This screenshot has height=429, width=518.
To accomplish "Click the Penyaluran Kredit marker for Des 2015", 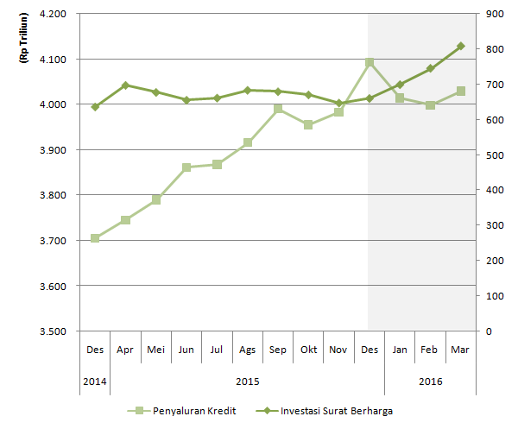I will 370,63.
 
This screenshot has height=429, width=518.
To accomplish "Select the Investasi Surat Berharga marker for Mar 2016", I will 461,46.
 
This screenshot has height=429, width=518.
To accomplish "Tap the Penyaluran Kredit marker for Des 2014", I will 95,238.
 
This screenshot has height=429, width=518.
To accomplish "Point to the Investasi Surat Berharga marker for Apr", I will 125,85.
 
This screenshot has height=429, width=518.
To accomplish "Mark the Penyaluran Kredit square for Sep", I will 278,110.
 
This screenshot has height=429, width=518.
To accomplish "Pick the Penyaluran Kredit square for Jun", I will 186,167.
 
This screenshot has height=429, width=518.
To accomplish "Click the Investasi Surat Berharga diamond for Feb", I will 430,68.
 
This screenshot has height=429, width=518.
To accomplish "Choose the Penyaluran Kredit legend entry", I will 180,411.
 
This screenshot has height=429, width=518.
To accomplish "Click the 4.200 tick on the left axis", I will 53,15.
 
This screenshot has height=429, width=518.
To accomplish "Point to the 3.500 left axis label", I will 53,331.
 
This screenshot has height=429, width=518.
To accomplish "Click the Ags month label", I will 247,350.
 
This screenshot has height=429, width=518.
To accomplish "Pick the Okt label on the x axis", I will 308,350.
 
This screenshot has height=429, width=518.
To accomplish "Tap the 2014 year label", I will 95,380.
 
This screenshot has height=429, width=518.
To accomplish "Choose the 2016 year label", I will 430,380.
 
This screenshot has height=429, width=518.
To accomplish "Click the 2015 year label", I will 247,380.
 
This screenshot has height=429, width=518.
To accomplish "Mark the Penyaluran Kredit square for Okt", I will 308,124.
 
